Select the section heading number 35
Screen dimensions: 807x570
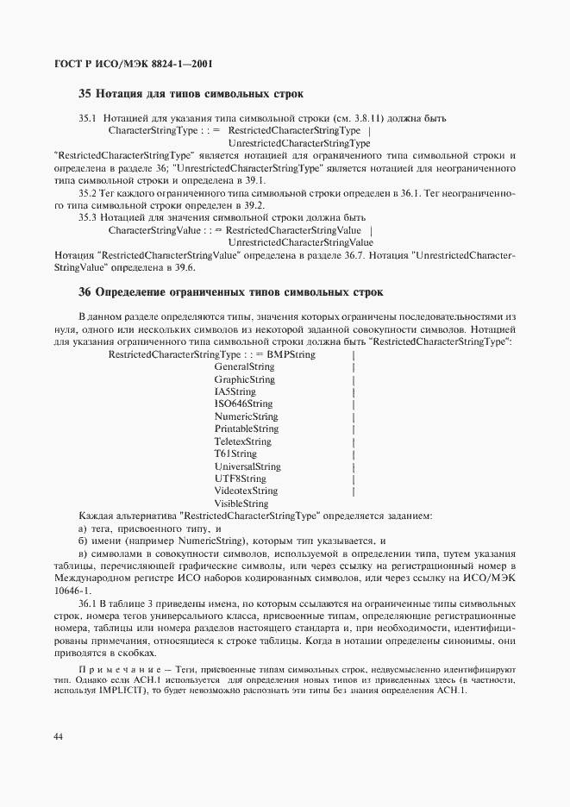tap(85, 93)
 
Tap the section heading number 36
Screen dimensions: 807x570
tap(85, 292)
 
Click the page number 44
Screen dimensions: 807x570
tap(58, 735)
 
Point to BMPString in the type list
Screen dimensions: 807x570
tap(291, 354)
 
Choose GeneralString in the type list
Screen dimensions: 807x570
tap(244, 367)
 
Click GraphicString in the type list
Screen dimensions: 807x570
tap(245, 379)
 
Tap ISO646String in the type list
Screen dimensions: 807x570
tap(243, 403)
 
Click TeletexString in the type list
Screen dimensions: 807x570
tap(242, 441)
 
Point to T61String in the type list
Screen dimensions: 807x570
tap(235, 454)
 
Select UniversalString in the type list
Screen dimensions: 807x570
tap(247, 466)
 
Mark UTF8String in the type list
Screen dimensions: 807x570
tap(240, 479)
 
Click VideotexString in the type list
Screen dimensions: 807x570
tap(246, 491)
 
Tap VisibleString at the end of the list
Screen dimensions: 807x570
tap(241, 504)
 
